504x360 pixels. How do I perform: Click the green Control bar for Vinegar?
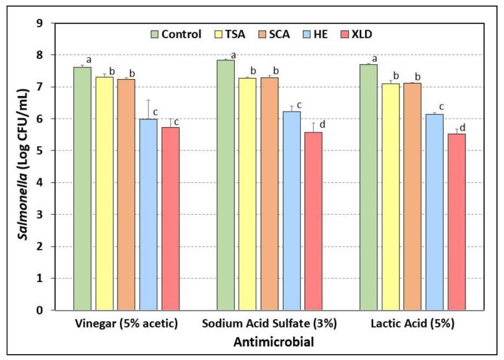(x=82, y=188)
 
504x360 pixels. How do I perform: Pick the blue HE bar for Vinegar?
(x=149, y=214)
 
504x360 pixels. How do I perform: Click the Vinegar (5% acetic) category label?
(x=126, y=323)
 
